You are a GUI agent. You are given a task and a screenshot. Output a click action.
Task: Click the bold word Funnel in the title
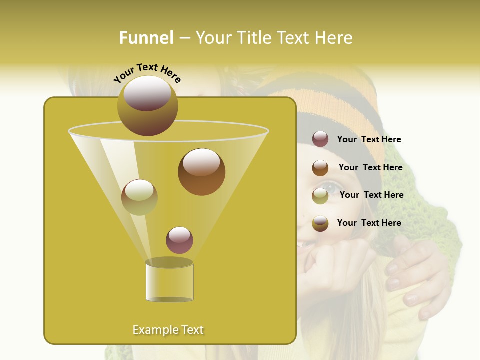coord(146,38)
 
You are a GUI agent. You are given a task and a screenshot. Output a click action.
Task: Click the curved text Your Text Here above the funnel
coord(147,73)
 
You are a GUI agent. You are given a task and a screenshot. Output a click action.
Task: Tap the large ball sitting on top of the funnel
coord(147,106)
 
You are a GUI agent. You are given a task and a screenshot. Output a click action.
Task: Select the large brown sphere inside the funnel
coord(201,172)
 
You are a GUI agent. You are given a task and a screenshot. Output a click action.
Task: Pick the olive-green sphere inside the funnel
coord(139,197)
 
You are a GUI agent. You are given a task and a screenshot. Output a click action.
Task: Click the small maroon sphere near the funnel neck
coord(179,240)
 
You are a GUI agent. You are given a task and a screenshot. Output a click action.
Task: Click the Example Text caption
coord(168,330)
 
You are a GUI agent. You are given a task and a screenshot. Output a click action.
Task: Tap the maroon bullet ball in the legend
coord(320,139)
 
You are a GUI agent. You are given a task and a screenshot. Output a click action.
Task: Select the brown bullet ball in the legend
coord(320,168)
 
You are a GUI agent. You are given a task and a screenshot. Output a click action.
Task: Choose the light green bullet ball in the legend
coord(320,196)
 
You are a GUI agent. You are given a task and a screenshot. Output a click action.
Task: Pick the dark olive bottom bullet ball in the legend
coord(320,223)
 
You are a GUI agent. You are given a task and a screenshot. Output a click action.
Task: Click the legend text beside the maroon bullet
coord(369,140)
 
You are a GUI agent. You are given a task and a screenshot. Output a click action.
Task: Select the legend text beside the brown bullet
coord(370,167)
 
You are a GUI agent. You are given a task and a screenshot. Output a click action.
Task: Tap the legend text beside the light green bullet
coord(371,195)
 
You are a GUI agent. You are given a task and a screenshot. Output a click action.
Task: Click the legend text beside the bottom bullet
coord(369,223)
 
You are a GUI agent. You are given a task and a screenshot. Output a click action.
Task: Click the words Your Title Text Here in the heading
coord(274,38)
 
